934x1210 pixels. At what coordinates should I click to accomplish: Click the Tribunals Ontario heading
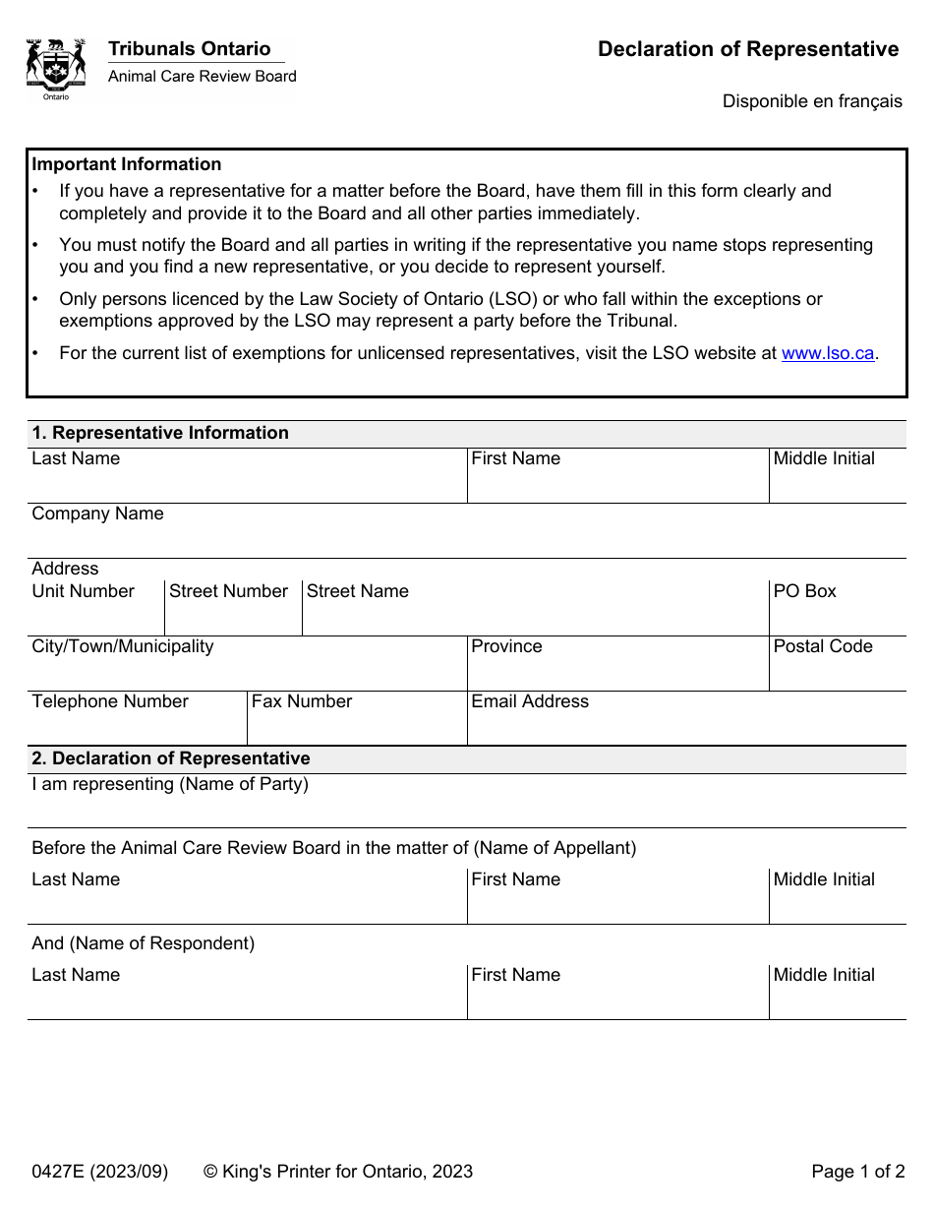tap(189, 49)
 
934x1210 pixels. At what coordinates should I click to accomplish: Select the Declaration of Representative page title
tap(747, 49)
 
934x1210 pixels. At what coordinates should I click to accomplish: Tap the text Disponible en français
tap(812, 101)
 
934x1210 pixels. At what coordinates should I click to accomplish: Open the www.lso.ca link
tap(827, 353)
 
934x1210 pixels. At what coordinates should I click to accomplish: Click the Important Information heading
tap(127, 164)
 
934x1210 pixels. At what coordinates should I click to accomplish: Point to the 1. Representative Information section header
tap(160, 433)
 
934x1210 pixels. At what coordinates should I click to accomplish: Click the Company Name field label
tap(97, 514)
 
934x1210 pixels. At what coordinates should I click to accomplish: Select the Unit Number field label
tap(83, 591)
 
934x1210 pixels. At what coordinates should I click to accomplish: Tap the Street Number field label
tap(228, 591)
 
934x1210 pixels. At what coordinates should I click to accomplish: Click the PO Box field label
tap(804, 591)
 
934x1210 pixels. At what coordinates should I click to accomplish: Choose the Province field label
tap(506, 646)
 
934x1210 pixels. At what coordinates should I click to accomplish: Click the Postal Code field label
tap(823, 646)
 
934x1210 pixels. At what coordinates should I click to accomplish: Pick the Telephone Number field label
tap(110, 701)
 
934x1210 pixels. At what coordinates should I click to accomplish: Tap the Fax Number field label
tap(302, 701)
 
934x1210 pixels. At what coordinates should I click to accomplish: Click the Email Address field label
tap(530, 701)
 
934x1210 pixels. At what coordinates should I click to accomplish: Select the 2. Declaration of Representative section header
tap(171, 758)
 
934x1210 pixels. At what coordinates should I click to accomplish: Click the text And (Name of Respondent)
tap(144, 943)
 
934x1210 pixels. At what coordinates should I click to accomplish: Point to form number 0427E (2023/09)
tap(100, 1171)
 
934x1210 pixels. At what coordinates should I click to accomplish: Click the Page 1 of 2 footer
tap(857, 1171)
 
